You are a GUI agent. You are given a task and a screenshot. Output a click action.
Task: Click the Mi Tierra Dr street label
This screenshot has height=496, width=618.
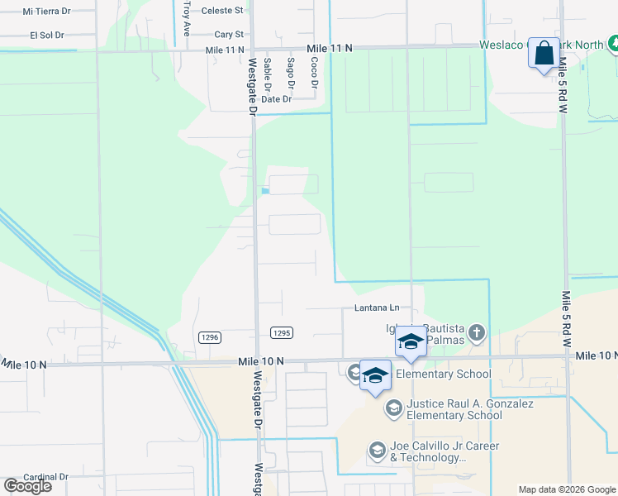click(x=48, y=12)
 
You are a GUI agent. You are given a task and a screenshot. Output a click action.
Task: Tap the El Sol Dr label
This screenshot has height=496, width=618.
click(x=47, y=36)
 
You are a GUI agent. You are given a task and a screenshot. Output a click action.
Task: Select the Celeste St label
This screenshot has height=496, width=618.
click(x=228, y=11)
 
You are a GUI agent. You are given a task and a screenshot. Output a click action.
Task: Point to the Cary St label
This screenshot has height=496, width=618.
click(x=229, y=35)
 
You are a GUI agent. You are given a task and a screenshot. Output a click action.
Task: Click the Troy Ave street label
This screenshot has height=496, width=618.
click(x=187, y=17)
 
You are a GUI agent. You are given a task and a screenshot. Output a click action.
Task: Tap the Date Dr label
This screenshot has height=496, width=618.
click(x=276, y=99)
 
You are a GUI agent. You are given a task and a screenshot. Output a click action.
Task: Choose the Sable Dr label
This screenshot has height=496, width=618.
click(x=267, y=74)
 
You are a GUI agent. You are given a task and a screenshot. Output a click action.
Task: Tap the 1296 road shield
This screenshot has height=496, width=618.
click(x=210, y=336)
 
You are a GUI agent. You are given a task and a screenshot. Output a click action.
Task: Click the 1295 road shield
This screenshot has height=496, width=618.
click(x=281, y=332)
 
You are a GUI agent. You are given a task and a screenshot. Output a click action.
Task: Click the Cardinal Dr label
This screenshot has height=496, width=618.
click(x=45, y=477)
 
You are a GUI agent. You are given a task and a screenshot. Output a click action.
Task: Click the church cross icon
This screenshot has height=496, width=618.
click(x=476, y=334)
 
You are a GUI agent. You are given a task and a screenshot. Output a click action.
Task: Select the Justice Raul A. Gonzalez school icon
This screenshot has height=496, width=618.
click(x=394, y=408)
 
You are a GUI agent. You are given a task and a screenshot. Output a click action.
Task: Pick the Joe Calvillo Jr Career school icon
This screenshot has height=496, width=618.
click(x=378, y=450)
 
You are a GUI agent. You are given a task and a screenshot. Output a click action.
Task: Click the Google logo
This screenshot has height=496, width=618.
click(x=27, y=486)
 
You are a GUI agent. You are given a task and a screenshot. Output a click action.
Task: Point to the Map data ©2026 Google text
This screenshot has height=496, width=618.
click(x=567, y=489)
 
